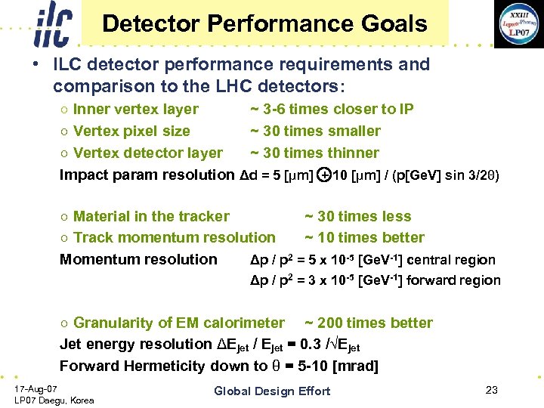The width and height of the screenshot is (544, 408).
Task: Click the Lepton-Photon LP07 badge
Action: (518, 23)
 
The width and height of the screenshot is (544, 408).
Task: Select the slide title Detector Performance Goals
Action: (264, 23)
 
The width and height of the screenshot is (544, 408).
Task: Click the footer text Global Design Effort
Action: (272, 391)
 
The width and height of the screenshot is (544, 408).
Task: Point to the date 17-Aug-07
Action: (36, 388)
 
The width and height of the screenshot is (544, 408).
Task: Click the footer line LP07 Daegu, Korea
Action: (54, 400)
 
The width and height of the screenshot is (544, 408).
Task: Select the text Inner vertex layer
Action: (136, 110)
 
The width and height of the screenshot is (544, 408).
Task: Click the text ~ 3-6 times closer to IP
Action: (332, 110)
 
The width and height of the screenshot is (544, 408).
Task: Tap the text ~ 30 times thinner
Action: (315, 153)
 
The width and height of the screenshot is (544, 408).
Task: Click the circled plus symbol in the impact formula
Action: (323, 175)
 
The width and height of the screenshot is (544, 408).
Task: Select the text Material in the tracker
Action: (151, 217)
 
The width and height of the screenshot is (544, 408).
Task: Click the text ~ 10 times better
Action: (365, 238)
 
